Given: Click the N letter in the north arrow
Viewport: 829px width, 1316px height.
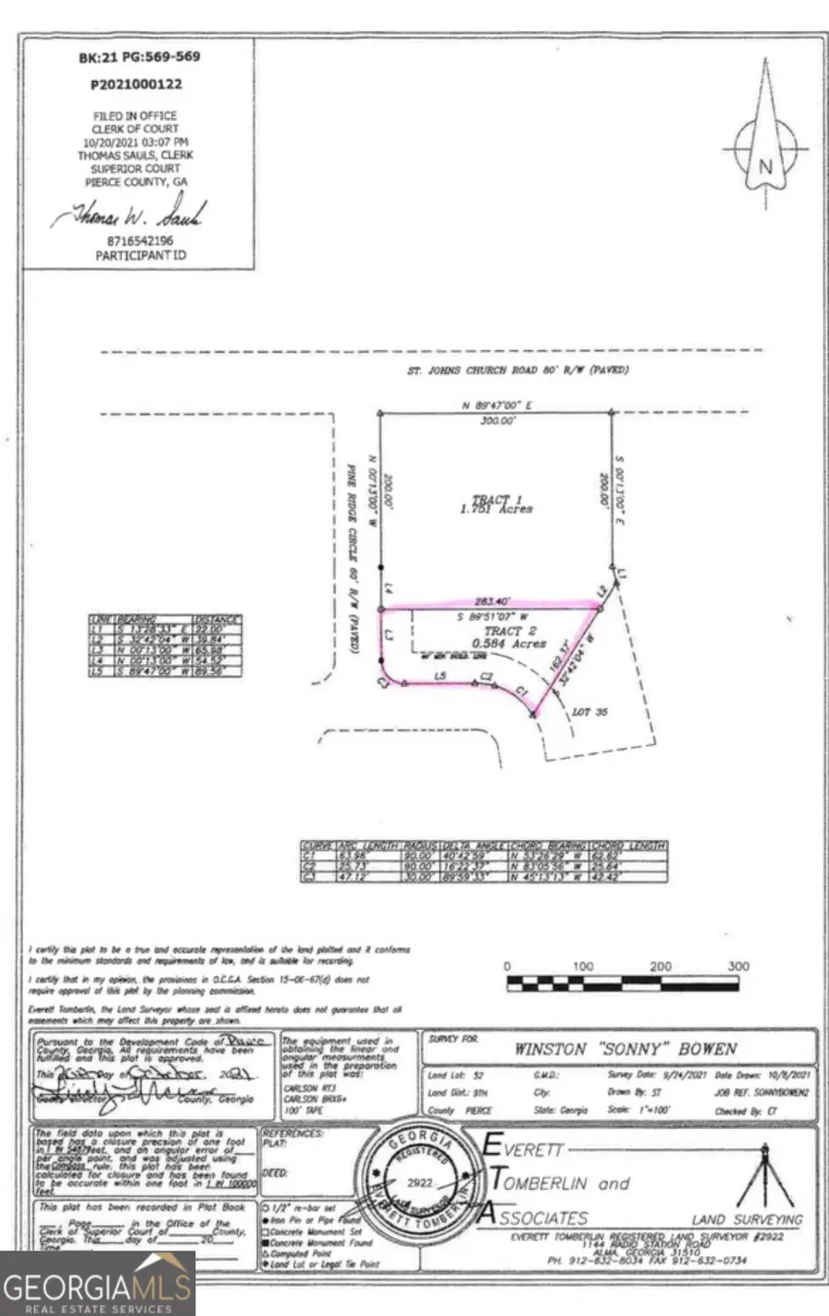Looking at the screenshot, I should coord(765,168).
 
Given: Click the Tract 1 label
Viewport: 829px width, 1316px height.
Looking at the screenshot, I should coord(491,500).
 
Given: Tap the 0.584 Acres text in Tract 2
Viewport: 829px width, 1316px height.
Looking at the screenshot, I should coord(508,644).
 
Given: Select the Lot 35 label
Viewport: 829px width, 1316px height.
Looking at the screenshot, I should coord(590,712).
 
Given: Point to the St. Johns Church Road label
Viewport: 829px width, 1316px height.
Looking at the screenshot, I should coord(518,371).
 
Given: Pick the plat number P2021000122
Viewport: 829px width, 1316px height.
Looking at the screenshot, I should coord(136,84).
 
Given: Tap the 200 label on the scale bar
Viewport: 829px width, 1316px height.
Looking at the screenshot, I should coord(660,966).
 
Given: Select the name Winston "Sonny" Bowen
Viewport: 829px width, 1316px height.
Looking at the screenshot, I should coord(625,1049).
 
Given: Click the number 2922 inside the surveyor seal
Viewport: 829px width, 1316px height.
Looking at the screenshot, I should coord(419,1182).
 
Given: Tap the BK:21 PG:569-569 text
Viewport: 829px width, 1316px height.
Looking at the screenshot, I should coord(139,56).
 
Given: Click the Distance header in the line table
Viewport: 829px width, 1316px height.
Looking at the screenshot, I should coord(216,620).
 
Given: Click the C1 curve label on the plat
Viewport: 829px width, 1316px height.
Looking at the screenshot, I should coord(520,690).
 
